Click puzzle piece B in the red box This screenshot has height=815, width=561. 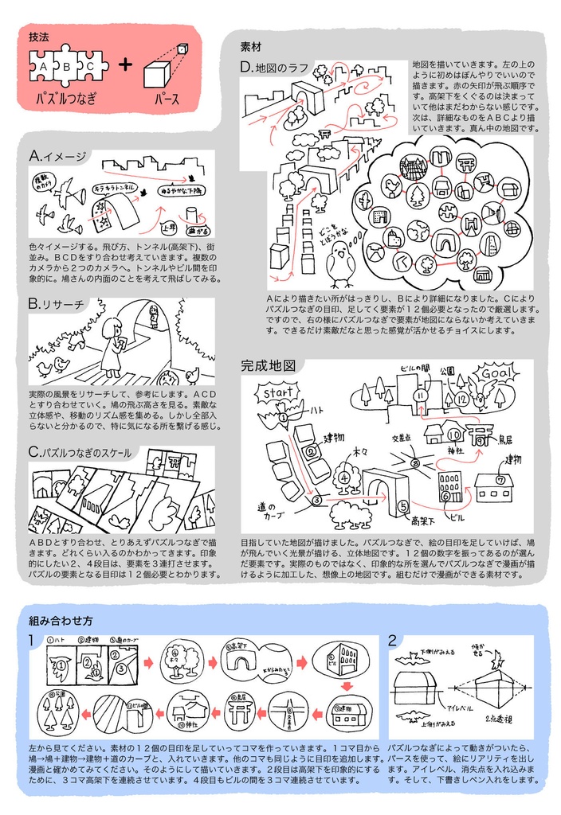67,68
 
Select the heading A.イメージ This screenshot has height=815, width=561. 57,156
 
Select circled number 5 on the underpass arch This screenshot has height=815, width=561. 403,505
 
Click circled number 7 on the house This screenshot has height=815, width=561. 500,480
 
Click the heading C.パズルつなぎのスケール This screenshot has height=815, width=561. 79,452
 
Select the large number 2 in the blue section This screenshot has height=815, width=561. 392,640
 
